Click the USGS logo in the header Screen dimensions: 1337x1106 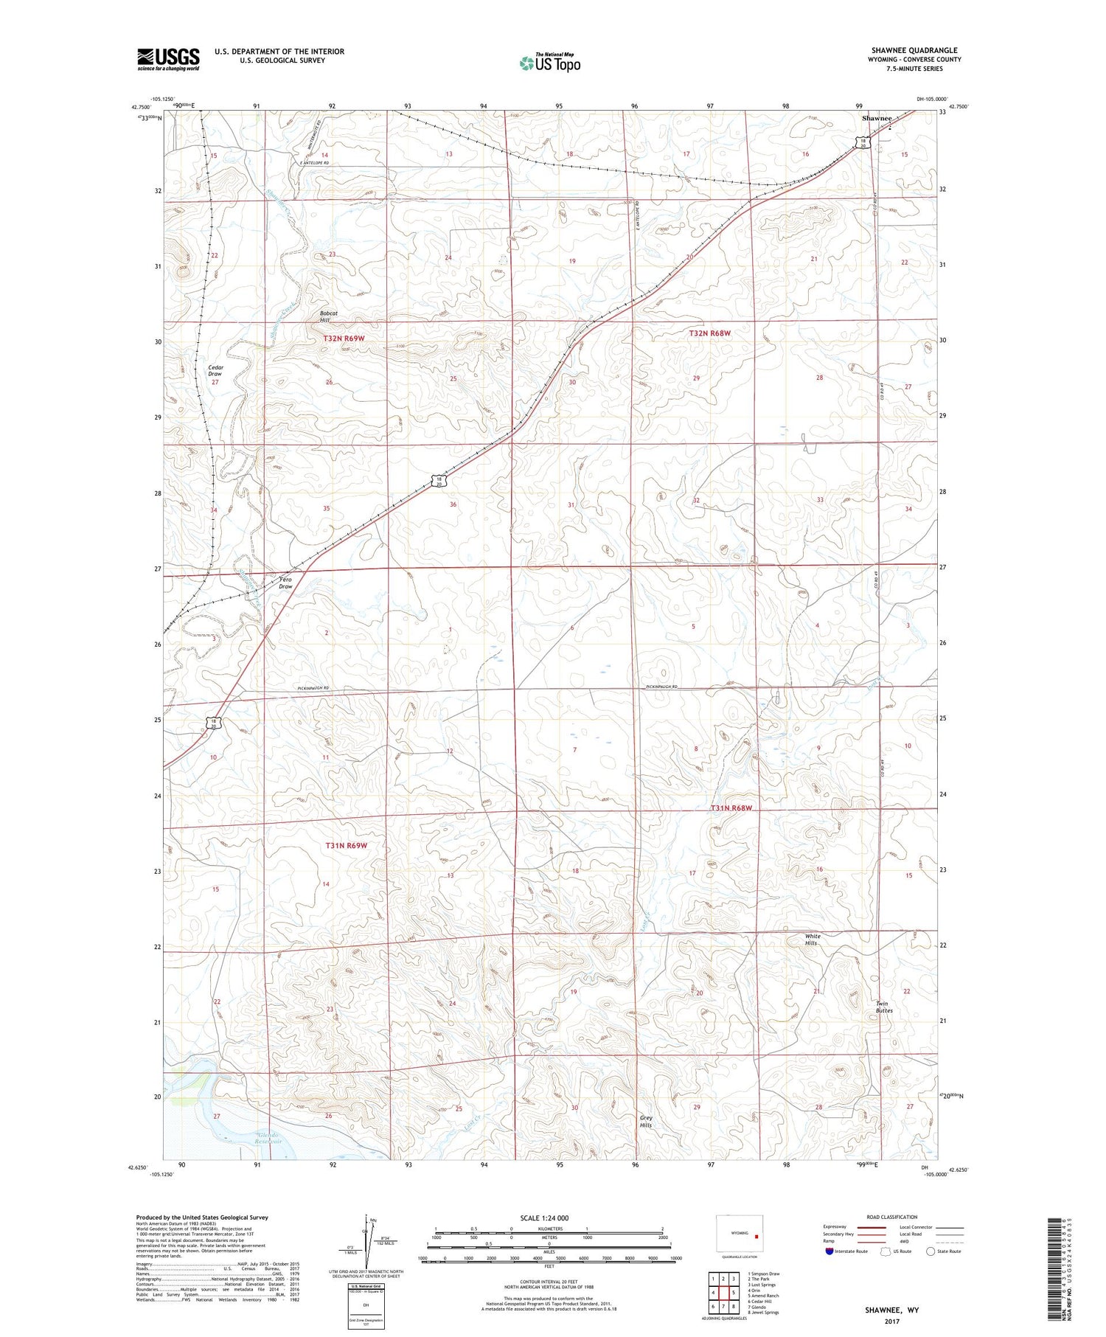[x=168, y=59]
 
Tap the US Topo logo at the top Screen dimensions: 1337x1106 [x=549, y=63]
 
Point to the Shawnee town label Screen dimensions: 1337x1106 [x=877, y=118]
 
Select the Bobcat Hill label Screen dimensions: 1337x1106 [x=329, y=316]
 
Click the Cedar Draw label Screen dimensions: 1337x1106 [x=215, y=370]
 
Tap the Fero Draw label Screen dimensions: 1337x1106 [x=285, y=583]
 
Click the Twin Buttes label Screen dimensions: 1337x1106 [x=884, y=1007]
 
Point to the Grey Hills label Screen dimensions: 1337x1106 [x=646, y=1121]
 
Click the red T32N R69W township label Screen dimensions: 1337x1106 [x=344, y=338]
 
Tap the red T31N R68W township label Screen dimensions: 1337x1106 [x=731, y=808]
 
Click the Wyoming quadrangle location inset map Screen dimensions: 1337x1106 [x=740, y=1234]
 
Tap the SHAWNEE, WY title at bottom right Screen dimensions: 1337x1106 [x=892, y=1310]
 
